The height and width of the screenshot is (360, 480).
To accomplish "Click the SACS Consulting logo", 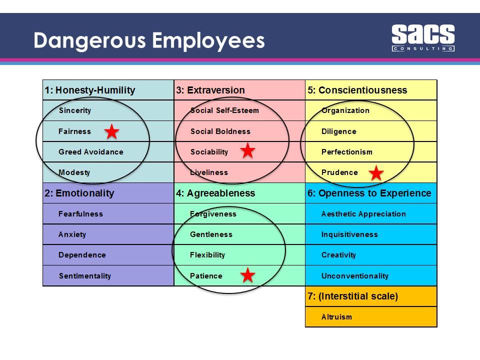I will [422, 38].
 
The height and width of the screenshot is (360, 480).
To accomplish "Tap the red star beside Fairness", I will [111, 132].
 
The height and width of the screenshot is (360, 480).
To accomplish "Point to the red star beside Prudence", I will [376, 173].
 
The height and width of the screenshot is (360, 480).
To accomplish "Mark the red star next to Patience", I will [247, 275].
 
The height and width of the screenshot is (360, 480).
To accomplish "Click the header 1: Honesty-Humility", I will [90, 90].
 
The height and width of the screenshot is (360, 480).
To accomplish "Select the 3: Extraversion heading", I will [210, 90].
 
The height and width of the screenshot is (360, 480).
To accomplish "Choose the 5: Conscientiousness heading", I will [357, 90].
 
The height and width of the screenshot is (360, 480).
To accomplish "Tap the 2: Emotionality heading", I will [79, 193].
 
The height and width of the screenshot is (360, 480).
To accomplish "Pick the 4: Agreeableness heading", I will [215, 193].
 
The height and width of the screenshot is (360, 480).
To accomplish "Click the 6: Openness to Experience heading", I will [369, 193].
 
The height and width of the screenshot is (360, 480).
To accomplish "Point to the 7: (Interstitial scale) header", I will [353, 296].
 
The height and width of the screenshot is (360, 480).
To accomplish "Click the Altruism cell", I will [336, 317].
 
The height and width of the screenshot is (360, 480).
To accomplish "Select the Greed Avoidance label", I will [90, 152].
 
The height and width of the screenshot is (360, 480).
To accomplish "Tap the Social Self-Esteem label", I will [224, 110].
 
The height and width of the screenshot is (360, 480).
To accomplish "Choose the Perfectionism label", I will [346, 152].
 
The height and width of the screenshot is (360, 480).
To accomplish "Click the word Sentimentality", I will [84, 276].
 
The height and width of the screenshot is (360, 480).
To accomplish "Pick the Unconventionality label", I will [354, 276].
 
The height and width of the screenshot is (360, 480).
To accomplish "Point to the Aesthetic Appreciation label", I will [363, 214].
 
